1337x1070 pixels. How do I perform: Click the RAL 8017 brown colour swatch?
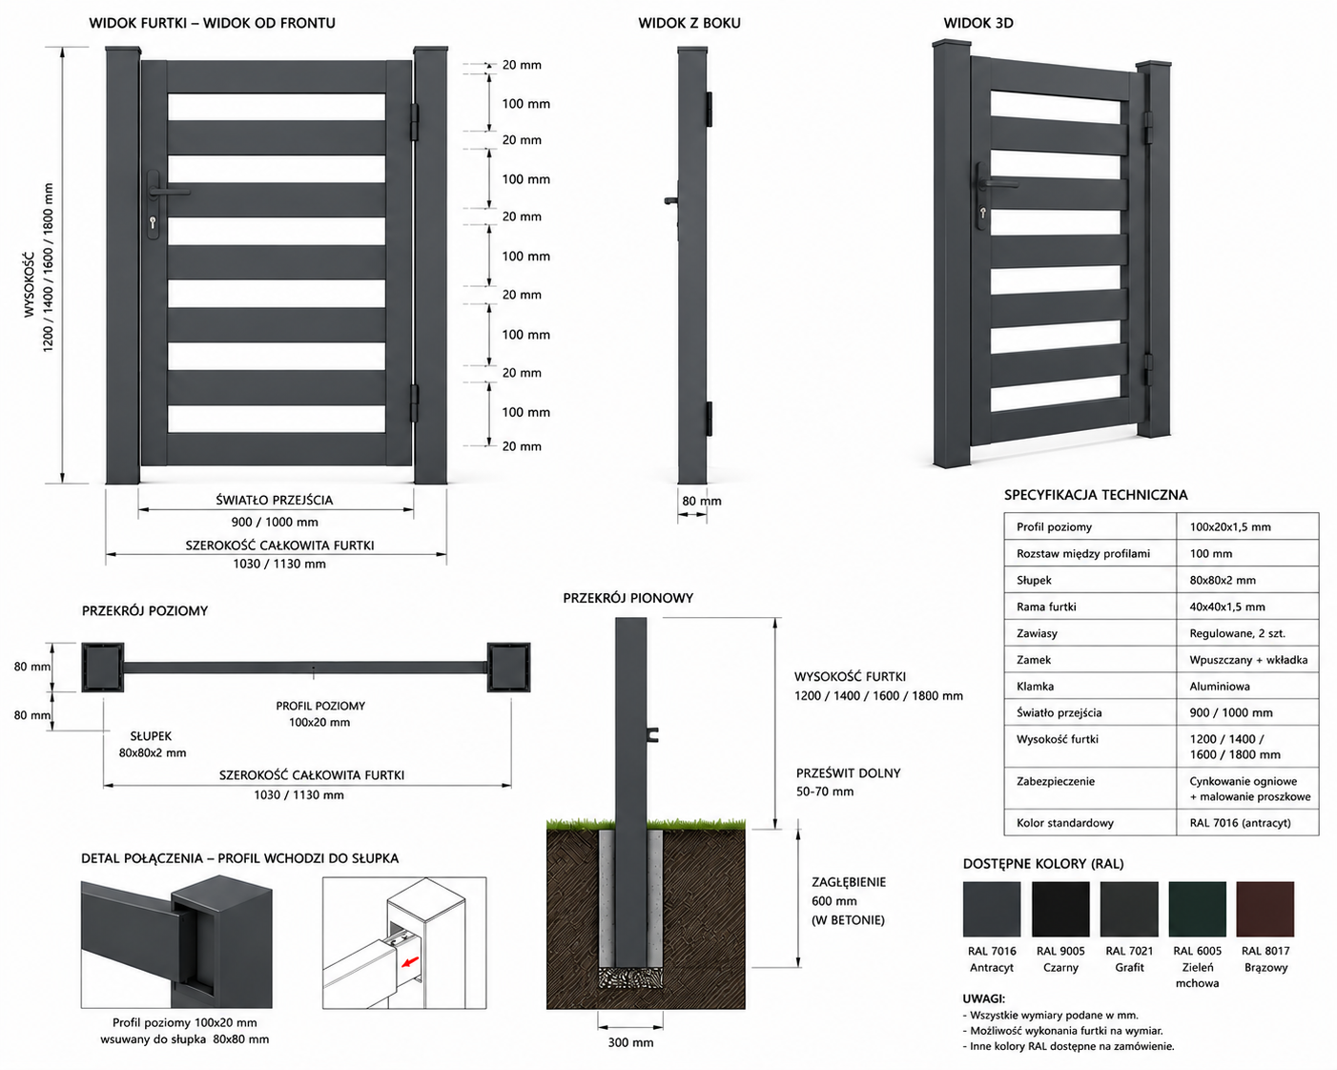click(x=1265, y=909)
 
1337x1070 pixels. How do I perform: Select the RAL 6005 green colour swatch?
click(x=1197, y=909)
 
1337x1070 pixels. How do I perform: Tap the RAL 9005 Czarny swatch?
click(x=1060, y=909)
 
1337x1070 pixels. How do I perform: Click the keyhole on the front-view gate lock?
click(x=153, y=222)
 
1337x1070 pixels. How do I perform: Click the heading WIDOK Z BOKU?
click(x=689, y=23)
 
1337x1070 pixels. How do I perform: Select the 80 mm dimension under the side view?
click(x=702, y=501)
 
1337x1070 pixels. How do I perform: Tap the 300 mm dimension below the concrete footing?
click(x=630, y=1042)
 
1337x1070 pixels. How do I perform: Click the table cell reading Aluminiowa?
click(x=1220, y=686)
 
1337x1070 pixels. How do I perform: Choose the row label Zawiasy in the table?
click(x=1037, y=633)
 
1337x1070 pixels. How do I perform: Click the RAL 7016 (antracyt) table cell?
click(x=1240, y=823)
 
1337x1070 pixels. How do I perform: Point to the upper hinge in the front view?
click(x=415, y=122)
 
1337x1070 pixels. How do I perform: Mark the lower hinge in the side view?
click(x=709, y=419)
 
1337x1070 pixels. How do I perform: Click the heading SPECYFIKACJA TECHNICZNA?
click(x=1096, y=495)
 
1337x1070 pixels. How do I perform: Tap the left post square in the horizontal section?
click(x=102, y=667)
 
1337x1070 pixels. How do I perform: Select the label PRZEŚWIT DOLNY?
click(x=848, y=773)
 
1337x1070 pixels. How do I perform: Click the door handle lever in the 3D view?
click(x=999, y=183)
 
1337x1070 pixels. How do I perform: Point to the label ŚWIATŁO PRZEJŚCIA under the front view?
click(x=275, y=500)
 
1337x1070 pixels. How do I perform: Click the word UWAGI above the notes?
click(x=983, y=998)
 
